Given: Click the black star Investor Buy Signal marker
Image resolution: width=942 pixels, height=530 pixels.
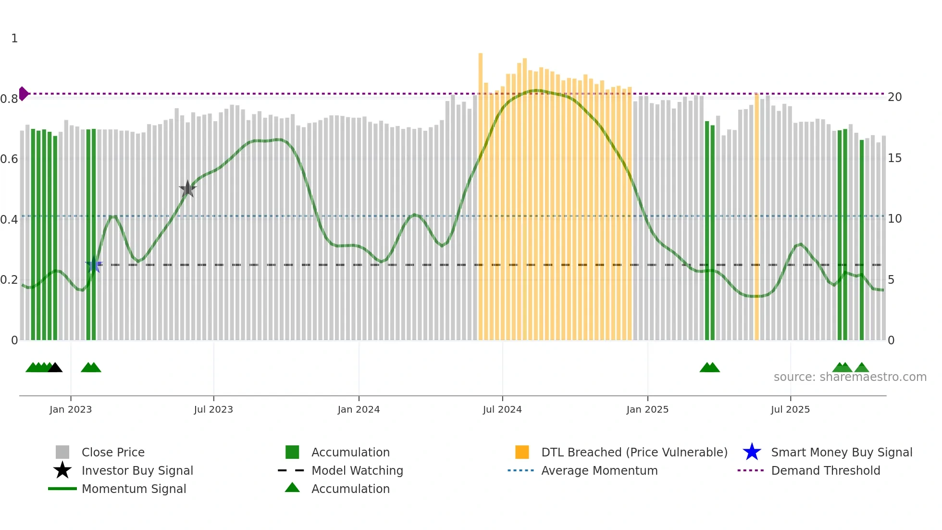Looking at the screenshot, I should point(187,189).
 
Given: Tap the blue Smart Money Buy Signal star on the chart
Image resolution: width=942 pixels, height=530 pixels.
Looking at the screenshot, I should point(94,265).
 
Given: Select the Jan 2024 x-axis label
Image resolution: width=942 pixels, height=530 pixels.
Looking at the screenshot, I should point(359,409).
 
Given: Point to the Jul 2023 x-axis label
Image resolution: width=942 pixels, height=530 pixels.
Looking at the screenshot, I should point(213,409).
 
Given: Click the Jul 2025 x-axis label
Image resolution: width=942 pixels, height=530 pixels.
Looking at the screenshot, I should point(790,409).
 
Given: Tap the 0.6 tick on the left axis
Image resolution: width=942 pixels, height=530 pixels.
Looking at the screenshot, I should point(9,159).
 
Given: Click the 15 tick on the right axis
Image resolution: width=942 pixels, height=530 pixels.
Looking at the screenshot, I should point(894,158).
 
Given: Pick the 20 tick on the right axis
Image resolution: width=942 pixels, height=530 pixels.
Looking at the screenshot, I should point(894,97).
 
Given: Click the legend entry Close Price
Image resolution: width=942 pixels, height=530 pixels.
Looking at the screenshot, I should point(113,452).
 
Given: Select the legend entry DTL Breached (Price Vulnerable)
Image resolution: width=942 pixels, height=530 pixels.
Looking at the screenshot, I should point(634,452).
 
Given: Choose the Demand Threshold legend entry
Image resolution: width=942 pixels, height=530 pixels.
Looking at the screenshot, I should point(825,470).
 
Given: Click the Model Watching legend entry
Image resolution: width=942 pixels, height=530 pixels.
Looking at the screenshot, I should point(357,470).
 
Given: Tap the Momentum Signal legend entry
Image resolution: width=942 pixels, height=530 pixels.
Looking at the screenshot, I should point(134,489).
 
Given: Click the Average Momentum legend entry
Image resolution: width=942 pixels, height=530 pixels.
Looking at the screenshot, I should point(599,470).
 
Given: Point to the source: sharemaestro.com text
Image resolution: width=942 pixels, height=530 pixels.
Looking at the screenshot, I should point(850,377).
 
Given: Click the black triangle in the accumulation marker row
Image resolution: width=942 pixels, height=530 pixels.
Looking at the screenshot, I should point(55,368).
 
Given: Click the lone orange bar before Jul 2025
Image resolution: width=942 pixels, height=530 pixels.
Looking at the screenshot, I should point(756,216).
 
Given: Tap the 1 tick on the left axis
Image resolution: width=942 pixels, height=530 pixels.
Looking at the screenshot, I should point(14,38).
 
